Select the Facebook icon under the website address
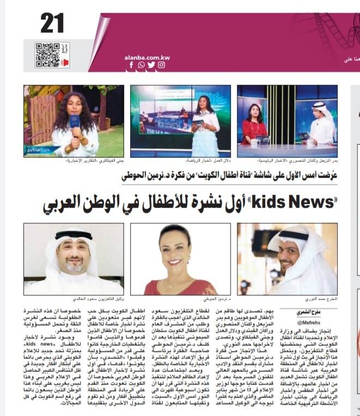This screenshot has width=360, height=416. (x=131, y=65)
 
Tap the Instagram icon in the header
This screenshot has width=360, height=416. (x=161, y=65)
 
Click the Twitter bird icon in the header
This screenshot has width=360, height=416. (x=151, y=65)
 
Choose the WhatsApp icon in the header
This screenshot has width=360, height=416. (x=141, y=65)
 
